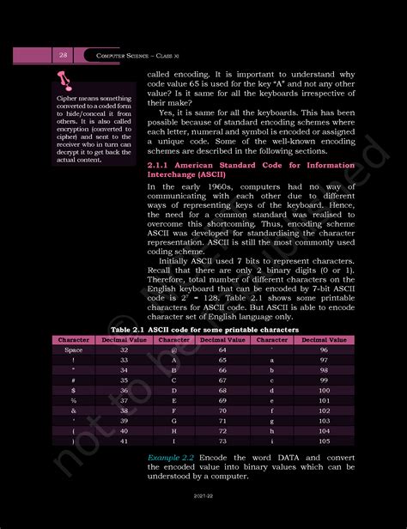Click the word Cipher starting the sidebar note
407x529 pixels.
tap(68, 99)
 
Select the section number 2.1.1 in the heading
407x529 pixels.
tap(161, 163)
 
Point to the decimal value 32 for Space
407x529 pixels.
tap(124, 350)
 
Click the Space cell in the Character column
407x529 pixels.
tap(73, 350)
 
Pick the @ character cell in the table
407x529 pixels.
tap(174, 350)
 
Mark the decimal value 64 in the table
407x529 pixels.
tap(222, 350)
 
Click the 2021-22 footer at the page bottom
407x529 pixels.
tap(203, 520)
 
